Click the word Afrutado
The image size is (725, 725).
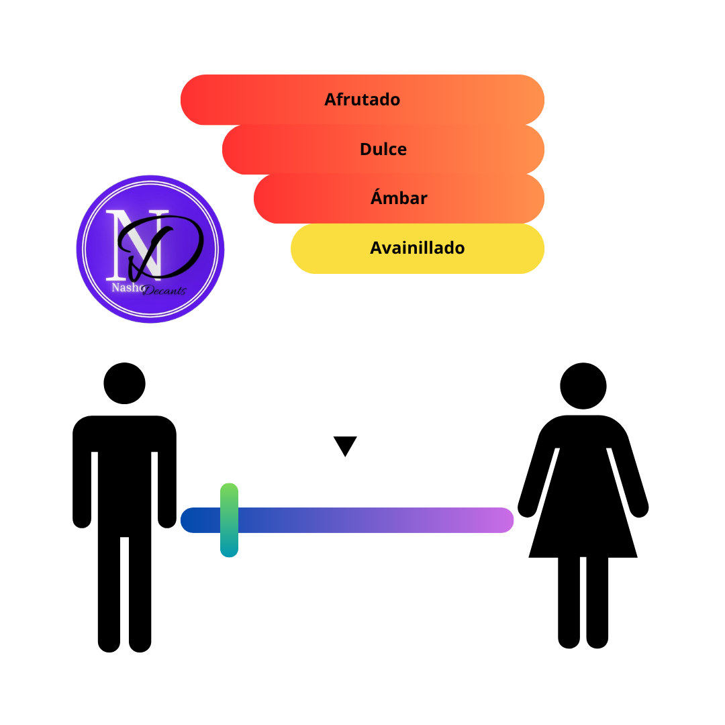362,99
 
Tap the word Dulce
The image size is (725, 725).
383,149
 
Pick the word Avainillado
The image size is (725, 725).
417,248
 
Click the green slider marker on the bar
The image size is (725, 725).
230,520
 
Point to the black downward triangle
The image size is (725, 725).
345,445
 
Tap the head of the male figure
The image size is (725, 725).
124,383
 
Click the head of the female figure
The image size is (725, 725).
583,385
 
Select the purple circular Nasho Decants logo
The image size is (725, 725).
150,249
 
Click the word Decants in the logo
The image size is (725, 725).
164,291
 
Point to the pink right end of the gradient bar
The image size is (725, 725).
501,520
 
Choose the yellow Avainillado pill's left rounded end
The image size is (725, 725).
305,249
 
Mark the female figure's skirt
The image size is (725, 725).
583,514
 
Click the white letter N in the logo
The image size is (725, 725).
135,245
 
